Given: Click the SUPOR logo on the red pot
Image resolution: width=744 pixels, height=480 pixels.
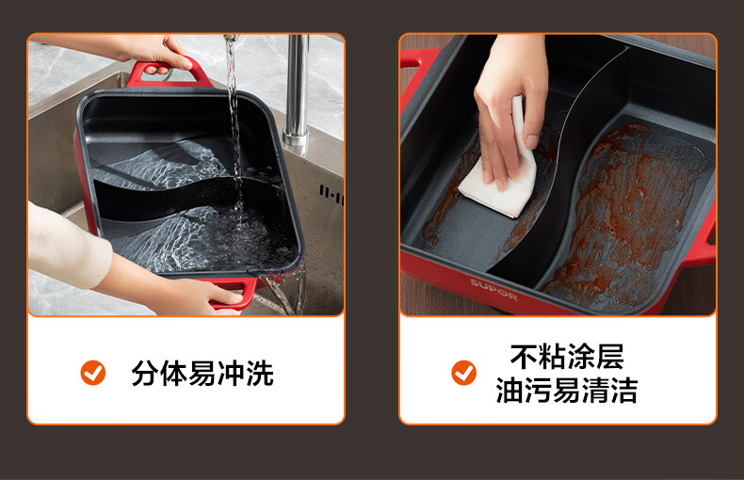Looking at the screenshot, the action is [493, 290].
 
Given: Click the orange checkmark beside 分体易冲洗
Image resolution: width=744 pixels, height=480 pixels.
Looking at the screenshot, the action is [93, 373].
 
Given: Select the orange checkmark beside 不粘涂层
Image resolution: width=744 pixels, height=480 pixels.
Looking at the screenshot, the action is [463, 373].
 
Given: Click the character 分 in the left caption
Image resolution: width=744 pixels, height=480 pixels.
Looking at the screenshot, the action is [145, 374].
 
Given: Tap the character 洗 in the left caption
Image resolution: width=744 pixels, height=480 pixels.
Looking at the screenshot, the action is [260, 374].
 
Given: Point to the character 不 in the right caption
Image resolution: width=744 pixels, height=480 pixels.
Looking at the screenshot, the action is [524, 357].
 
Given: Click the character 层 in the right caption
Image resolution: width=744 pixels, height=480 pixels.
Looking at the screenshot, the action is [609, 357].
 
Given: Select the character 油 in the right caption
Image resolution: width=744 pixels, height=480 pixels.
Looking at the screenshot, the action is [509, 391].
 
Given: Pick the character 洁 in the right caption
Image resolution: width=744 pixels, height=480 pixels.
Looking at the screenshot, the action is [624, 391].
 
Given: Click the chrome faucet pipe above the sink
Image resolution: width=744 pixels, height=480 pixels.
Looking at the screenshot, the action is [297, 90].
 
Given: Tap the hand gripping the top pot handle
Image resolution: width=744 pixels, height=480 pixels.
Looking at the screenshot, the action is [156, 53].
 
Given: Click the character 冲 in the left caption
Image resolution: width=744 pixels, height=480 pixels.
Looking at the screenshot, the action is [231, 374].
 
